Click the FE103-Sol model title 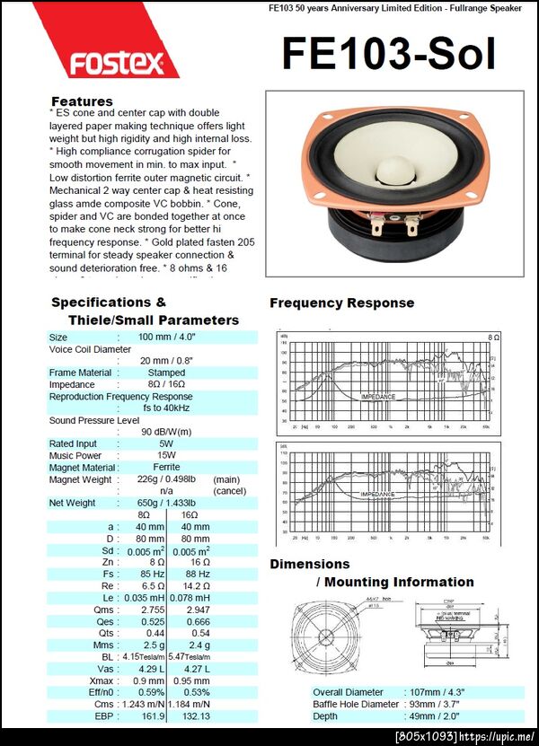388,54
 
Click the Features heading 82,101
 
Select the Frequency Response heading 341,303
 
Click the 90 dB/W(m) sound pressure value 166,431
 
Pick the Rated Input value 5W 166,443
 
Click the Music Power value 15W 166,455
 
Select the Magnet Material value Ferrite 166,467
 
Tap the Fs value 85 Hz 152,574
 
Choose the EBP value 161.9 152,715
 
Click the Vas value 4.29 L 151,668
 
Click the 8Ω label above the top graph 493,337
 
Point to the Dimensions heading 310,564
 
